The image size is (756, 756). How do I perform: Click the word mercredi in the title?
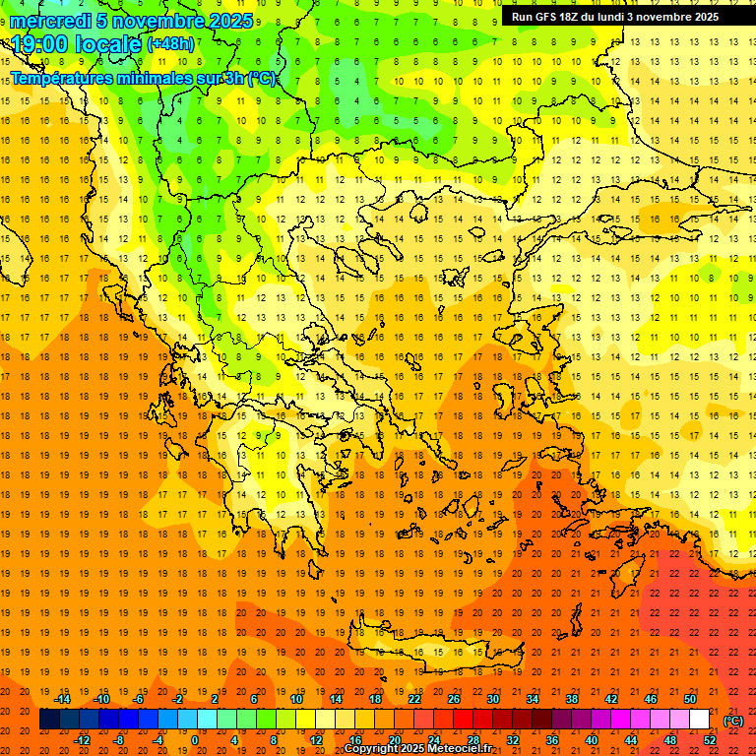tap(50, 21)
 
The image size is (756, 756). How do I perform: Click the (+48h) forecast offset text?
tap(170, 44)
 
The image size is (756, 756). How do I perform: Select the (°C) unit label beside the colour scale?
tap(732, 721)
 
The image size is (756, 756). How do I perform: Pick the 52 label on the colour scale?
tap(710, 739)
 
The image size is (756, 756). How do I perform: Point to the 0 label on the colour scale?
tap(195, 739)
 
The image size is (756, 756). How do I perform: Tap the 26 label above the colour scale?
tap(454, 699)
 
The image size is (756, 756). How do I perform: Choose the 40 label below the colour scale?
tap(591, 739)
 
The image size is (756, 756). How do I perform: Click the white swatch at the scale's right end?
tap(699, 720)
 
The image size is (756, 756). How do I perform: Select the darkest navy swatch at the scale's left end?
tap(49, 720)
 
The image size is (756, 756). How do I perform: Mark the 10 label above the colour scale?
tap(296, 699)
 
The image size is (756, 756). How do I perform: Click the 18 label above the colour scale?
tap(375, 699)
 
